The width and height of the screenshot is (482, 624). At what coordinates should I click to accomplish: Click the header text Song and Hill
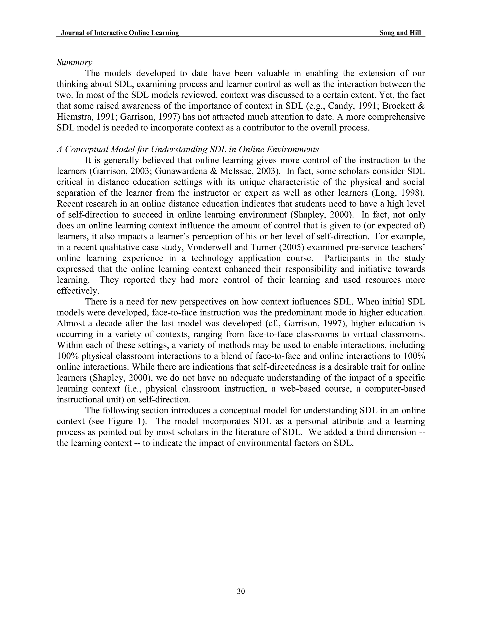click(400, 33)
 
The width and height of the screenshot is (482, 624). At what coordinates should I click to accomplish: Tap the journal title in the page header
click(120, 33)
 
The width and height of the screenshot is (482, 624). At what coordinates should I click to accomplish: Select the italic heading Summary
click(74, 62)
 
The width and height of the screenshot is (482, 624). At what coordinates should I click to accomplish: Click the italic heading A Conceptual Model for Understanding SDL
click(188, 150)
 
